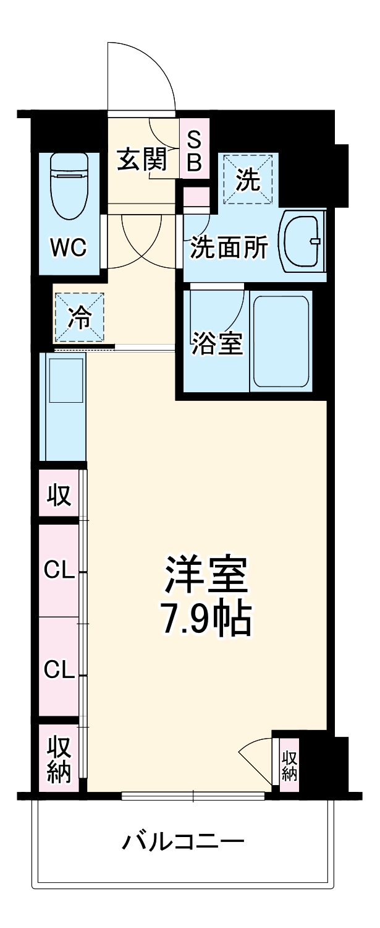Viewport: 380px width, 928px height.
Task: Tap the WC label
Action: (69, 248)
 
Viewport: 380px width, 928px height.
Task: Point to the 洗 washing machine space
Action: (248, 180)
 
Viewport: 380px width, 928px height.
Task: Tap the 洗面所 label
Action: (229, 248)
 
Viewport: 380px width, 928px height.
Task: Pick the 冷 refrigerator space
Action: (78, 317)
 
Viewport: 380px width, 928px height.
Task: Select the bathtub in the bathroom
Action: (282, 342)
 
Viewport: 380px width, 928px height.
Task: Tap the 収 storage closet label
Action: (59, 495)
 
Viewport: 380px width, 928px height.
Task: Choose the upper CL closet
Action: (59, 570)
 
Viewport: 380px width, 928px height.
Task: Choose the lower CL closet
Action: (59, 668)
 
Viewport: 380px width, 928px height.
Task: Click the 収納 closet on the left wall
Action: (59, 758)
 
